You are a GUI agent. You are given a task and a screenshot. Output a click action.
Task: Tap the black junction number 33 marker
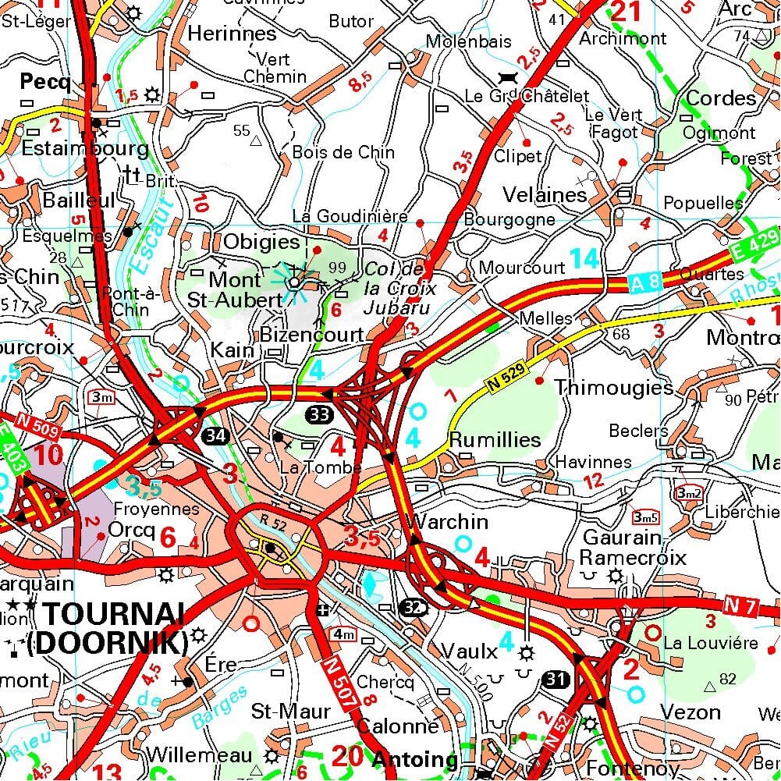coord(318,414)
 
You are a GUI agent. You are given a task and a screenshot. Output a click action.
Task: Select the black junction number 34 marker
coord(217,435)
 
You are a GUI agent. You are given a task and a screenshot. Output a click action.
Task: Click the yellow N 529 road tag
coord(506,376)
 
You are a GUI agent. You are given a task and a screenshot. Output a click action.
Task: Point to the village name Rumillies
coord(495,440)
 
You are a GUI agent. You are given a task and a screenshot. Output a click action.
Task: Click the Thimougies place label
coord(613,388)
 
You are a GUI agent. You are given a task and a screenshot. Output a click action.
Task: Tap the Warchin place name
coord(449,521)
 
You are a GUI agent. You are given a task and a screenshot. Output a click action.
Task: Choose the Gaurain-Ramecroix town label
coord(632,548)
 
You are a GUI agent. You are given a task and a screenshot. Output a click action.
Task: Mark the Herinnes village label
coord(233,34)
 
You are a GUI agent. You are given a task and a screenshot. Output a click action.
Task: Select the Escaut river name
coord(156,223)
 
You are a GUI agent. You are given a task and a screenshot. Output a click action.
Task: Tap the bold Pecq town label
coord(45,82)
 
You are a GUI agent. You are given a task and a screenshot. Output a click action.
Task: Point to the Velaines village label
coord(545,194)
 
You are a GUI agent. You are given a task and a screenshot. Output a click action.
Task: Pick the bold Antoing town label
coord(414,759)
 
